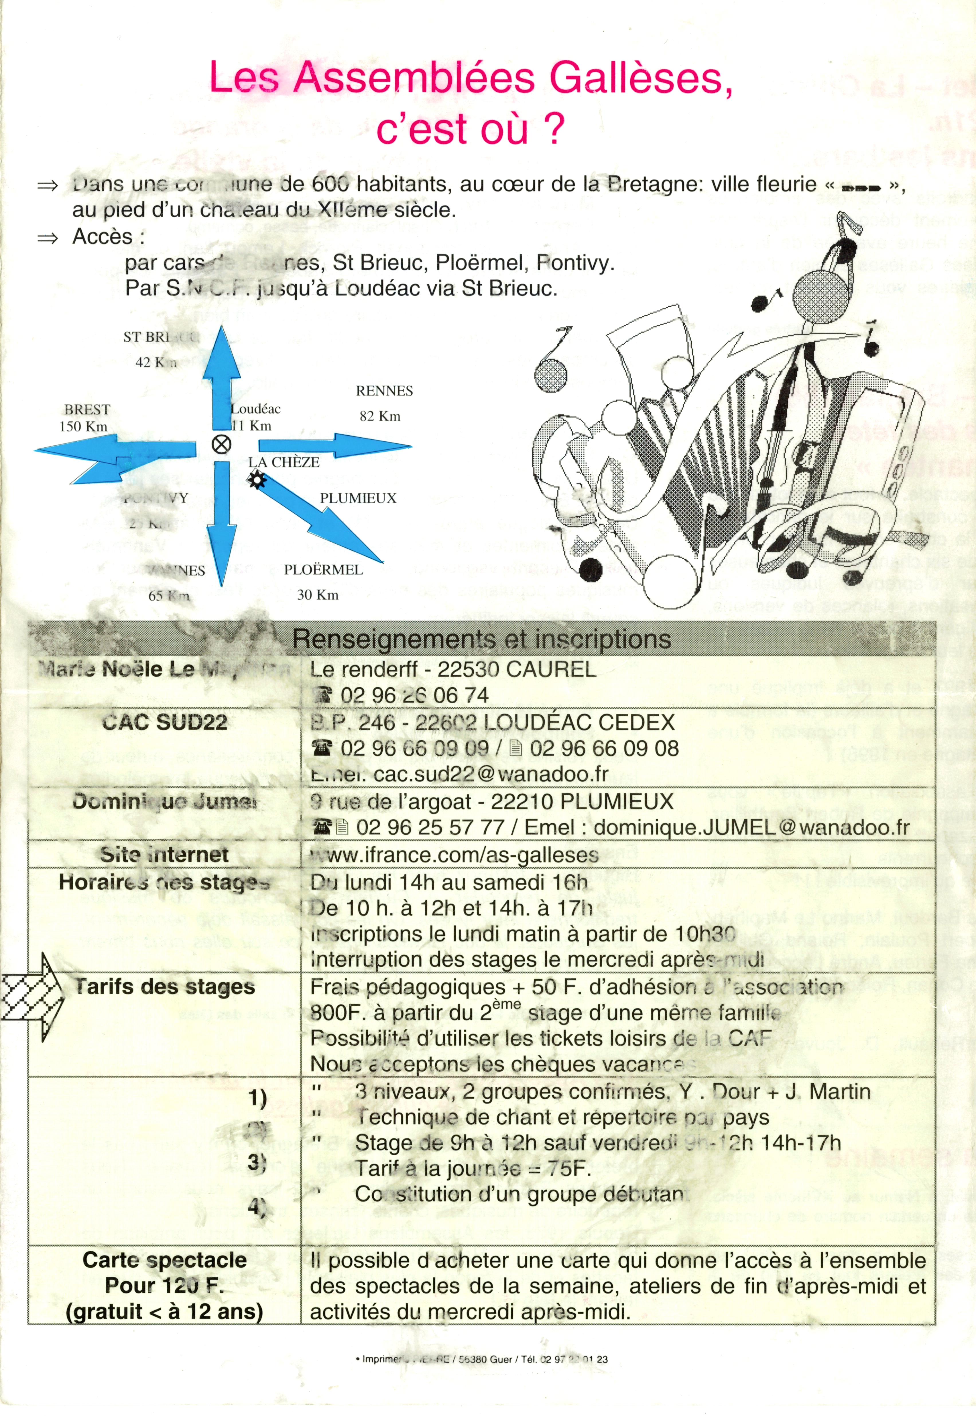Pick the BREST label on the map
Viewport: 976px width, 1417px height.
[x=87, y=410]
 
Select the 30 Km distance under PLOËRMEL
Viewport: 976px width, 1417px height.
[x=317, y=595]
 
